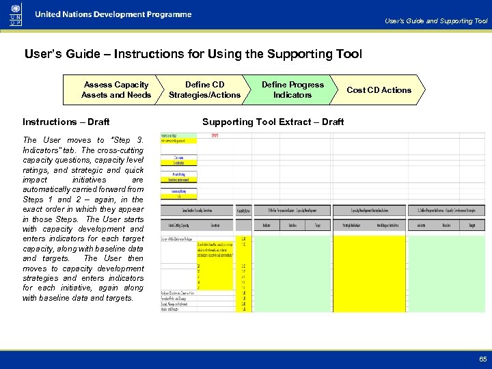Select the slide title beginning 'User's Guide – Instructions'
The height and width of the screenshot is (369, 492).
(x=193, y=54)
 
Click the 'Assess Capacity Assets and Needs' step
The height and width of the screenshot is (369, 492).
(x=116, y=90)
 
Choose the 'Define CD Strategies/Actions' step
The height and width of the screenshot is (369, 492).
(x=204, y=90)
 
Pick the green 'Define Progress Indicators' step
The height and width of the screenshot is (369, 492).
(x=292, y=90)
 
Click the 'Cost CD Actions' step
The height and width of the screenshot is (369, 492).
(x=379, y=90)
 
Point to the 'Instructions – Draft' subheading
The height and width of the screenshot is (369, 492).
(x=66, y=122)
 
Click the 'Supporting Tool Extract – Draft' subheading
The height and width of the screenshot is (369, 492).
(x=273, y=122)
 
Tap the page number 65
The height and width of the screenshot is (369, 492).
(x=482, y=358)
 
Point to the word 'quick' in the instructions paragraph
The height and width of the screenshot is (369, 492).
(x=134, y=169)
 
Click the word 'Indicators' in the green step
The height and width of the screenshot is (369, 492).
(x=292, y=95)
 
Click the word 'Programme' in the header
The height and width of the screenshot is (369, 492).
(x=169, y=14)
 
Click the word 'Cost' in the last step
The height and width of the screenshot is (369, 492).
(x=355, y=90)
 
